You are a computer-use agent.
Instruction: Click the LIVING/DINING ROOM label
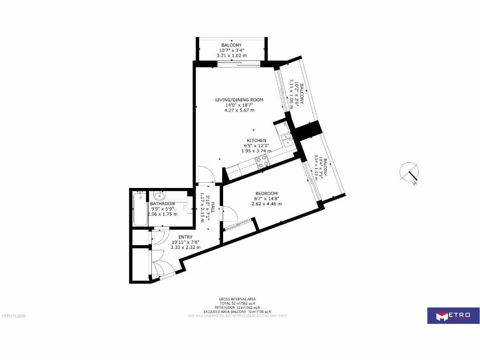(239, 100)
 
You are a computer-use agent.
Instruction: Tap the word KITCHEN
(256, 141)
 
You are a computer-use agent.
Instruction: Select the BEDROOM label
(266, 194)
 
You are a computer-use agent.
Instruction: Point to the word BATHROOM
(163, 204)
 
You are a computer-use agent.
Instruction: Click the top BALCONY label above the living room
(232, 45)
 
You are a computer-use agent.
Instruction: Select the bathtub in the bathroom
(139, 209)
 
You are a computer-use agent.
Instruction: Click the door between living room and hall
(206, 174)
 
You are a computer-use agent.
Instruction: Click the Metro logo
(453, 315)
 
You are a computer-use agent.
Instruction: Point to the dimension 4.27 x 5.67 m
(239, 111)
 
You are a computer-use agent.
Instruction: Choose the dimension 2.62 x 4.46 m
(266, 204)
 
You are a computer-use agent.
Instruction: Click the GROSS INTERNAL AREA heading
(237, 299)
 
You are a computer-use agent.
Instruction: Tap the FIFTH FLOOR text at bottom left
(14, 315)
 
